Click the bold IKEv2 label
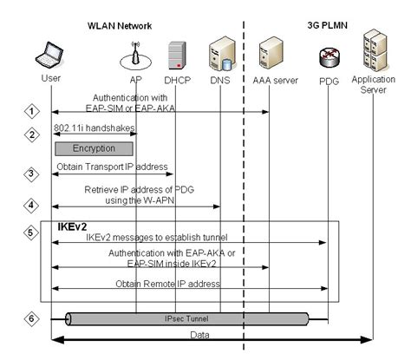point(73,226)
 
